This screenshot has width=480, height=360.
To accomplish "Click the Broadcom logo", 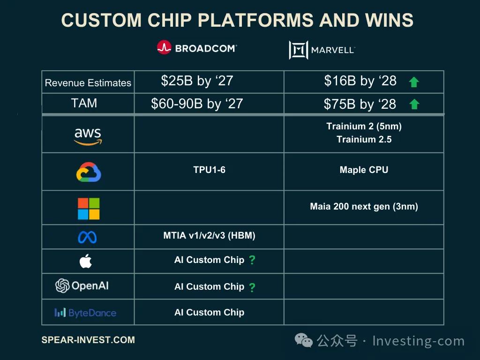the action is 197,47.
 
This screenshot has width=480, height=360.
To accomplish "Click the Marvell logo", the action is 322,50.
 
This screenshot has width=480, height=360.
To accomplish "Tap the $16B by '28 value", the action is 360,81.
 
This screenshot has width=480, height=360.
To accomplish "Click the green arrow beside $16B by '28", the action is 414,82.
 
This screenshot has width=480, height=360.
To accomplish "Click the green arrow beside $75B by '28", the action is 414,104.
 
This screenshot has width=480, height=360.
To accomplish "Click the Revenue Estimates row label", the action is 88,82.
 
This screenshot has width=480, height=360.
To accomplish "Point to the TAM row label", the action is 84,103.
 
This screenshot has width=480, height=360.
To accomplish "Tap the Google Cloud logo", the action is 89,172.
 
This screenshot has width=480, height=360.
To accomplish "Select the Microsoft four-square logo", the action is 89,209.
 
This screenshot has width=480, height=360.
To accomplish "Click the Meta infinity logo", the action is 87,237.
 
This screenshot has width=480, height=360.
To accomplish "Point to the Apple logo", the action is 86,261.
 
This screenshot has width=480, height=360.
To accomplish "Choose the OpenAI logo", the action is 82,285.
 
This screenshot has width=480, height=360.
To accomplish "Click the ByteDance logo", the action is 85,313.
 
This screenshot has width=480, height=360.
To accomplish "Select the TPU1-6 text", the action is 210,170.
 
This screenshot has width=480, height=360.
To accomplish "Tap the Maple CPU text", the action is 364,170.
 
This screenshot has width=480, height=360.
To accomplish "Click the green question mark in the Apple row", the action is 252,260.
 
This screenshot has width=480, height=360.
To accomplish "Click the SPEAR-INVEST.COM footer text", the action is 88,340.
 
